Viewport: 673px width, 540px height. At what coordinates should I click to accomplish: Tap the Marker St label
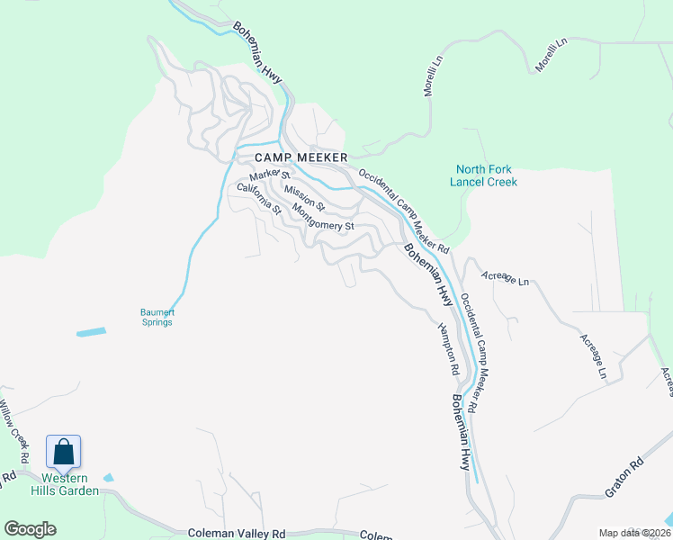[x=268, y=175]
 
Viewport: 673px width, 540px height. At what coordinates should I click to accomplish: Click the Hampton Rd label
[x=449, y=350]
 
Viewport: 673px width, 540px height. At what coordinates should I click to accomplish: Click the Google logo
[x=30, y=529]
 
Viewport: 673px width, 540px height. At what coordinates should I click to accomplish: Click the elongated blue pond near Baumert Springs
[x=91, y=332]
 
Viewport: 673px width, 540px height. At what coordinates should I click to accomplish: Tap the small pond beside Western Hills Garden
[x=109, y=477]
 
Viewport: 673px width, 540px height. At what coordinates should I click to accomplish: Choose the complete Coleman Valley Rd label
[x=236, y=534]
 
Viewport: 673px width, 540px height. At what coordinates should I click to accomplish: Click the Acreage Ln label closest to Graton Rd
[x=593, y=355]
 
